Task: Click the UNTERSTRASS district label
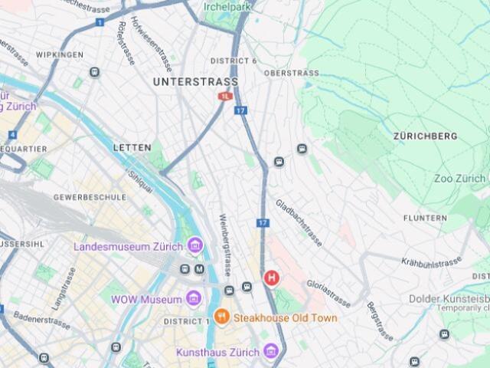pyautogui.click(x=195, y=81)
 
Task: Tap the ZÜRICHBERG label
pyautogui.click(x=425, y=136)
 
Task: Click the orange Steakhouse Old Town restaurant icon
pyautogui.click(x=221, y=317)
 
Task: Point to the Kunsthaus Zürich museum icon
pyautogui.click(x=269, y=351)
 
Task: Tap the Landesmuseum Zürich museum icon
pyautogui.click(x=195, y=246)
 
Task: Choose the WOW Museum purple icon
pyautogui.click(x=194, y=298)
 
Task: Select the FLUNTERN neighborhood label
pyautogui.click(x=425, y=218)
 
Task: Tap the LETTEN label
pyautogui.click(x=132, y=146)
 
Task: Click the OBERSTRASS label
pyautogui.click(x=291, y=73)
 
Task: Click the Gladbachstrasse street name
pyautogui.click(x=299, y=222)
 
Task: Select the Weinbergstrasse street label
pyautogui.click(x=226, y=245)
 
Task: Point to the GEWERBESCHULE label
pyautogui.click(x=90, y=197)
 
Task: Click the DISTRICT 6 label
pyautogui.click(x=234, y=61)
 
